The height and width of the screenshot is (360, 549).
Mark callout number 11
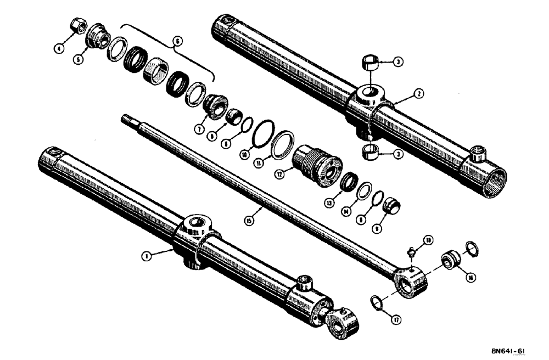tap(265, 162)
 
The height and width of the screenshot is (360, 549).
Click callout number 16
tap(469, 278)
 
